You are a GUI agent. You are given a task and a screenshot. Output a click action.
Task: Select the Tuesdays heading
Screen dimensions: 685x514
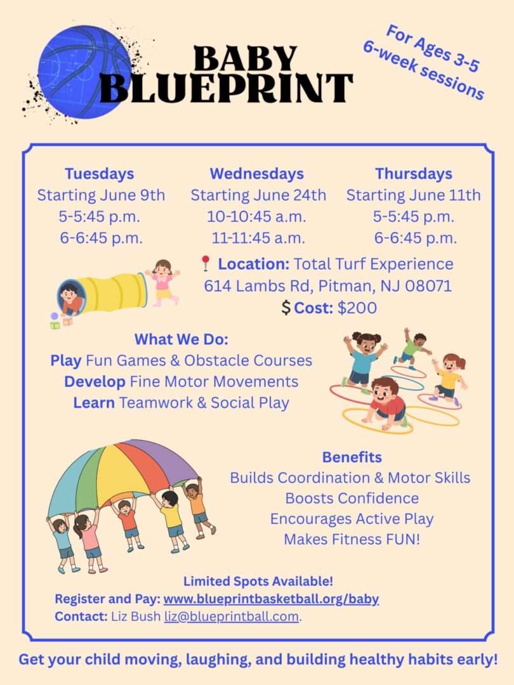(99, 173)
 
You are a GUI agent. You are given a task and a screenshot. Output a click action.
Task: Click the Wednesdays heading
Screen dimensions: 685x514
(256, 173)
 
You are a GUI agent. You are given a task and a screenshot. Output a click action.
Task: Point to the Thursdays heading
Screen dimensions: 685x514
(413, 173)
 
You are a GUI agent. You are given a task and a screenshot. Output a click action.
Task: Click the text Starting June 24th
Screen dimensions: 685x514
(258, 195)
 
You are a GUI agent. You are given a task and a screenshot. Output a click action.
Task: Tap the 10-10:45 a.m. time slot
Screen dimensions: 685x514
(256, 216)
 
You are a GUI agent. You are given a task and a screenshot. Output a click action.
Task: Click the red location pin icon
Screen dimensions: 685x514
(205, 263)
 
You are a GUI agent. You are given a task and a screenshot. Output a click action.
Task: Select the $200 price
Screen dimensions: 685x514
(357, 308)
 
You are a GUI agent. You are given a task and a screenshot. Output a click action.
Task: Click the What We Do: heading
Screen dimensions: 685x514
(181, 339)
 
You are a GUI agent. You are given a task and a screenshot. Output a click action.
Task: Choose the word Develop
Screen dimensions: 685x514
(95, 382)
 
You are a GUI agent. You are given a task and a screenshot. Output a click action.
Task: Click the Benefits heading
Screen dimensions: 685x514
(352, 457)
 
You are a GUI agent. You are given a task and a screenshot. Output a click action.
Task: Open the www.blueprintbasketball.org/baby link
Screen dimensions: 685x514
(271, 599)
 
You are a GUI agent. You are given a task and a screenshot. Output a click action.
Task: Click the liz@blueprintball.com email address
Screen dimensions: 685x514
(231, 616)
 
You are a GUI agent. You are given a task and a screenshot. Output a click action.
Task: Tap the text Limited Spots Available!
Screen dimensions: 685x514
(258, 581)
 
